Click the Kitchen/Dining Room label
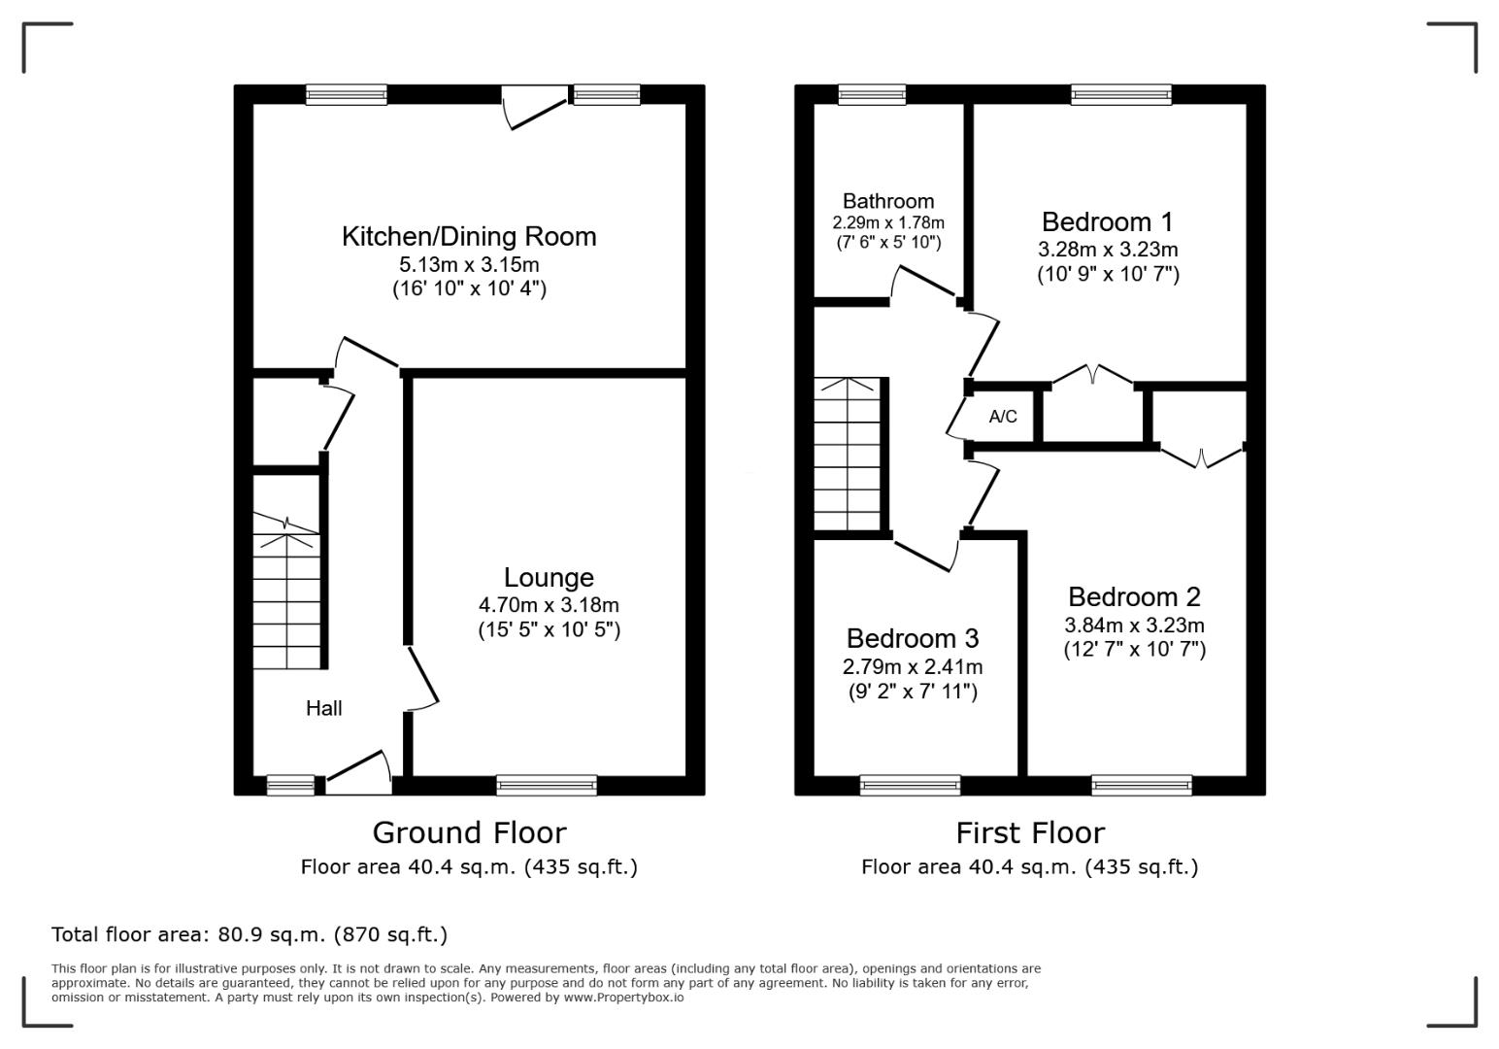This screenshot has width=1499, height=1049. (468, 237)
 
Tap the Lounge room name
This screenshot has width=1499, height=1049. (549, 577)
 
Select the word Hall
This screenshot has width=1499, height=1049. (324, 708)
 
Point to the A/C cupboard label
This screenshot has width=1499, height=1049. (1003, 417)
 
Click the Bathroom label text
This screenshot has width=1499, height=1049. (888, 201)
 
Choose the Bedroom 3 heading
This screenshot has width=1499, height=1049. (913, 639)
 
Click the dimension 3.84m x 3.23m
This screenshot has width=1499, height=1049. (1134, 626)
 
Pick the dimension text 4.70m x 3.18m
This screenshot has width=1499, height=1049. (549, 605)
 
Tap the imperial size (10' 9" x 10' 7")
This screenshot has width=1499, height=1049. (1108, 275)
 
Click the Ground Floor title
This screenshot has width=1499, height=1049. (469, 833)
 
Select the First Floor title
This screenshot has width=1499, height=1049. (1030, 833)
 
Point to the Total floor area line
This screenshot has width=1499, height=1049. (250, 933)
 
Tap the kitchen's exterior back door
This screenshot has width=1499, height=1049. (535, 107)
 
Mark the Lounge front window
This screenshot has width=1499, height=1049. (547, 786)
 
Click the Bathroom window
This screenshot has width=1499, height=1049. (872, 94)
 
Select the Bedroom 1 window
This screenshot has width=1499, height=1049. (1121, 94)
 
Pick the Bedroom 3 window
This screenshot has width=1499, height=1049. (910, 786)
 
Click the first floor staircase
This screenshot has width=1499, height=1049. (848, 454)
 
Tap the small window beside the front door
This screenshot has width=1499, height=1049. (290, 786)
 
